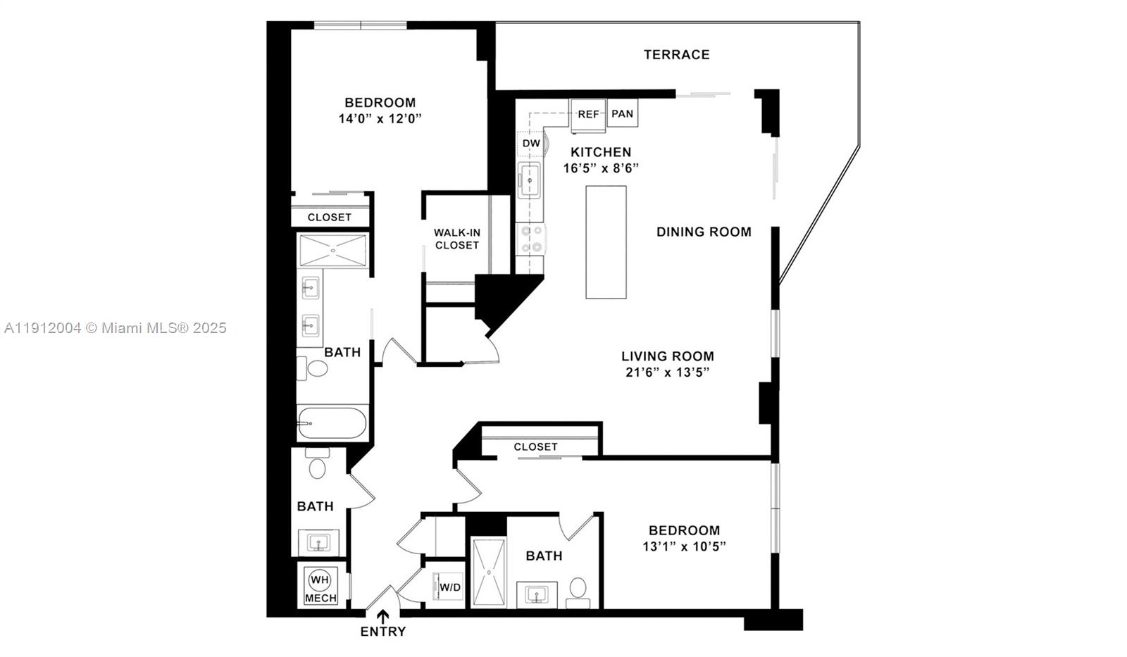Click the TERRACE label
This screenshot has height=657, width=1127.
pos(676,54)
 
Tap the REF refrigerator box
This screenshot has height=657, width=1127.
pos(588,114)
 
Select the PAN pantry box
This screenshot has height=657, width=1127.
pos(622,113)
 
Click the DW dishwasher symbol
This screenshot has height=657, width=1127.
pos(531,143)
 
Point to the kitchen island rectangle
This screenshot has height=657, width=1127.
pos(606,242)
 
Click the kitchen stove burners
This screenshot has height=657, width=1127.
pos(530,238)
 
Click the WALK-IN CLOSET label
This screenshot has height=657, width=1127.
pos(456,239)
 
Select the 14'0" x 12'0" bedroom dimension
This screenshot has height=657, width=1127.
pos(380,118)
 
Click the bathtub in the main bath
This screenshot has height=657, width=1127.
pos(332,423)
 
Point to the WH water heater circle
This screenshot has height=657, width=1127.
pos(320,580)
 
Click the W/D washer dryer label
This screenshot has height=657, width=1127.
pos(450,587)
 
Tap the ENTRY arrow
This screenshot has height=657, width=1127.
pos(383,618)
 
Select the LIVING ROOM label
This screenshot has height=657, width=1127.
pos(667,356)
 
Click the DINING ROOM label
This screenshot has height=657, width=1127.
pos(703,232)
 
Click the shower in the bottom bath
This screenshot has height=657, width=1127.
pos(488,572)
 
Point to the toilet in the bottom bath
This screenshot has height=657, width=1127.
pos(578,590)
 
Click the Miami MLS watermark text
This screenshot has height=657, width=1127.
pos(116,327)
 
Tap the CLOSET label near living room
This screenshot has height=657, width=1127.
pos(535,446)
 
